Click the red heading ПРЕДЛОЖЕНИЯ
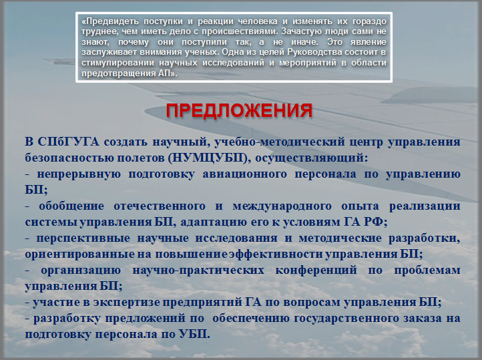point(239,111)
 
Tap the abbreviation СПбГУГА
point(69,142)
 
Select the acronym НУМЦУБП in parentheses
point(208,158)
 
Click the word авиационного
point(244,174)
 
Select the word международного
point(282,206)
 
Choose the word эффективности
point(276,254)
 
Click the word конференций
point(316,271)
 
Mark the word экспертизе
point(127,302)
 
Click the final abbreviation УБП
point(194,334)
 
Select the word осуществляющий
point(311,158)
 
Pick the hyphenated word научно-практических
point(198,271)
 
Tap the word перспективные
point(83,238)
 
